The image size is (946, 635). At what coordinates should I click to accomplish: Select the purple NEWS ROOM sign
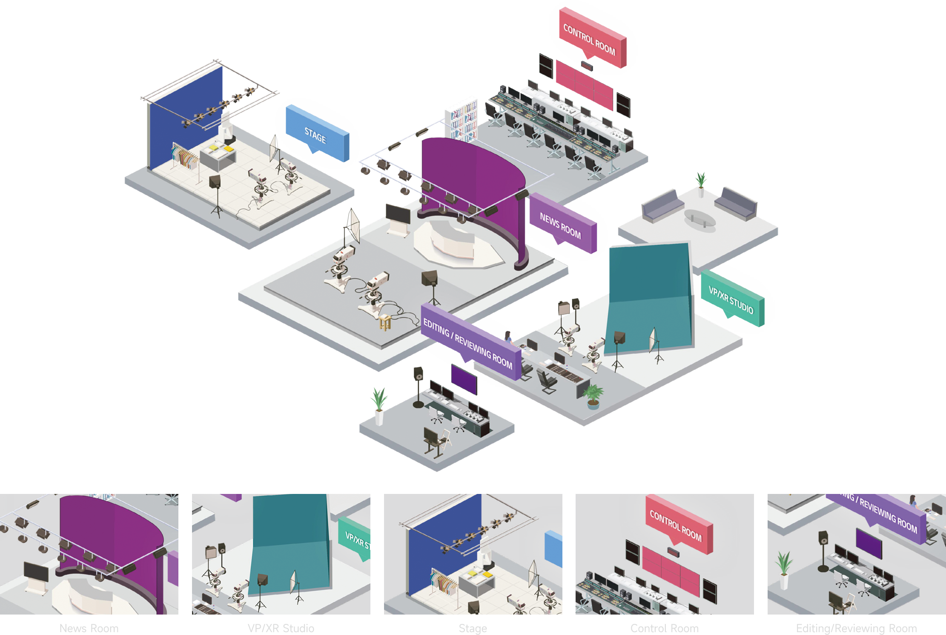pyautogui.click(x=562, y=225)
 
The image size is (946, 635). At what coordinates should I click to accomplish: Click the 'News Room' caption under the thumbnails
pyautogui.click(x=89, y=628)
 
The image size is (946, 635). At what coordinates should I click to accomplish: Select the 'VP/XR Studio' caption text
pyautogui.click(x=281, y=628)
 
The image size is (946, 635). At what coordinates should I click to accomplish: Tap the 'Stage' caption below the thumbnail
pyautogui.click(x=473, y=628)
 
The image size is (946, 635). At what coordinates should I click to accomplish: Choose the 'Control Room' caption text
pyautogui.click(x=664, y=628)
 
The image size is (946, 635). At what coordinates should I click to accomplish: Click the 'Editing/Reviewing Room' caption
pyautogui.click(x=856, y=628)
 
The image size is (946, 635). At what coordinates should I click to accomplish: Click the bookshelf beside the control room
pyautogui.click(x=463, y=119)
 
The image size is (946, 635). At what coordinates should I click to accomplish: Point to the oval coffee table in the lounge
pyautogui.click(x=699, y=219)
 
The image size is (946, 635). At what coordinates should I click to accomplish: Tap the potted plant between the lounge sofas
pyautogui.click(x=701, y=183)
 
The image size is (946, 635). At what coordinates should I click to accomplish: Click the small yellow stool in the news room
pyautogui.click(x=385, y=322)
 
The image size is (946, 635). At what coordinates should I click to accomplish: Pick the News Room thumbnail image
pyautogui.click(x=89, y=554)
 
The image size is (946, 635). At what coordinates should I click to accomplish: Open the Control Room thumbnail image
pyautogui.click(x=664, y=554)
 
